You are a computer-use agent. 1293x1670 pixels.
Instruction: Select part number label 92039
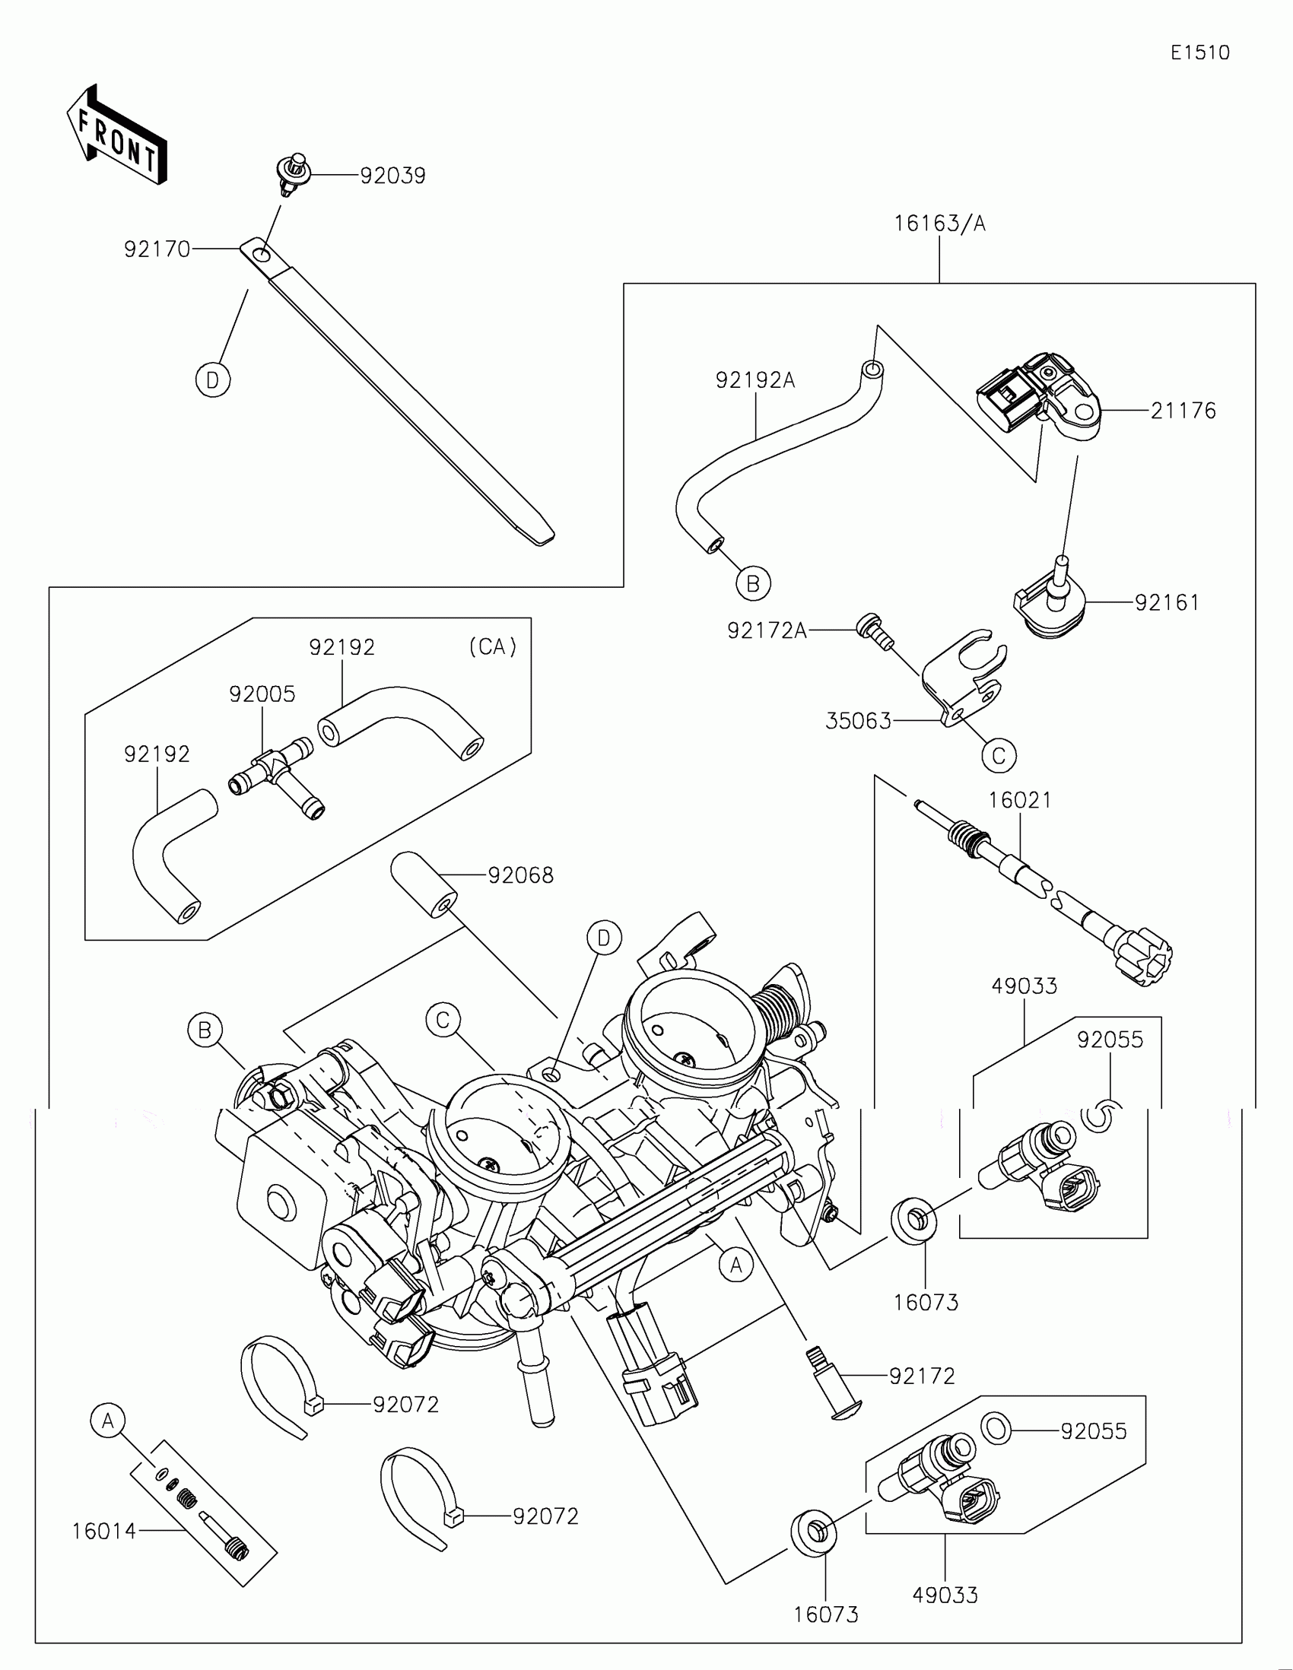pyautogui.click(x=392, y=176)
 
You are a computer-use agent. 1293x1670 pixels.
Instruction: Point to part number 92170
pyautogui.click(x=157, y=249)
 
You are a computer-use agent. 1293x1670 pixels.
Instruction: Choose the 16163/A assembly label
pyautogui.click(x=940, y=224)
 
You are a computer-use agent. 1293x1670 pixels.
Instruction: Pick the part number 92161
pyautogui.click(x=1167, y=602)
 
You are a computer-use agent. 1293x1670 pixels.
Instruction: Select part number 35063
pyautogui.click(x=858, y=721)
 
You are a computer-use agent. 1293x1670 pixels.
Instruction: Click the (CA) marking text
pyautogui.click(x=492, y=648)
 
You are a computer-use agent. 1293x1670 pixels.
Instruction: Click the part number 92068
pyautogui.click(x=521, y=875)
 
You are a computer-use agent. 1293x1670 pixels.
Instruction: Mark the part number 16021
pyautogui.click(x=1020, y=801)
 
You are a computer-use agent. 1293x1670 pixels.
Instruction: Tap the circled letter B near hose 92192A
pyautogui.click(x=753, y=584)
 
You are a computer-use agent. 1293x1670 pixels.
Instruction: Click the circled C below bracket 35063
pyautogui.click(x=999, y=755)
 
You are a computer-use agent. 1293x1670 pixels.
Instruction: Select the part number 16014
pyautogui.click(x=104, y=1531)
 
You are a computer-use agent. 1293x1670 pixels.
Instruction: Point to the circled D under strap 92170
pyautogui.click(x=212, y=380)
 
